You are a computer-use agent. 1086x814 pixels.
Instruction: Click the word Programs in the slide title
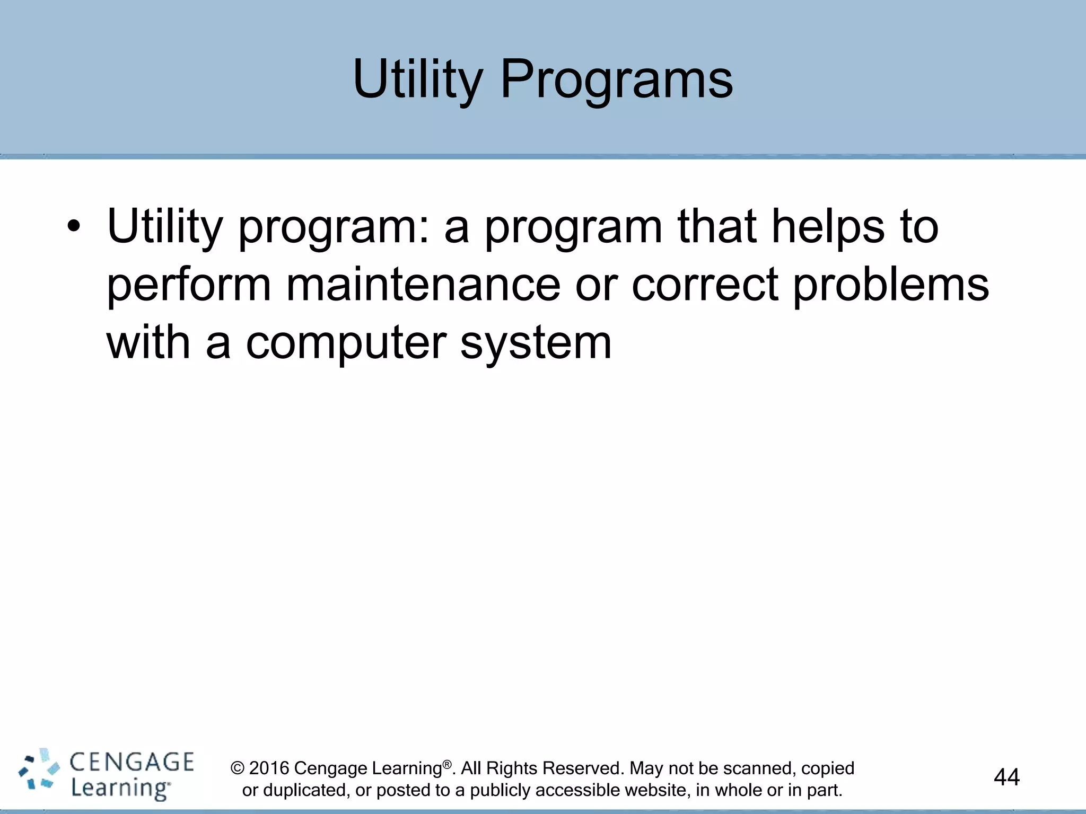click(x=617, y=79)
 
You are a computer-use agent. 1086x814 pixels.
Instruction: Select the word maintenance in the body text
click(x=423, y=285)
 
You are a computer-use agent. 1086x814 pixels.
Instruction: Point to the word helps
click(x=828, y=227)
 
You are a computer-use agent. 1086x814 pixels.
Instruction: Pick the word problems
click(x=891, y=285)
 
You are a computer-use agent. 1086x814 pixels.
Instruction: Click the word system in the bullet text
click(x=536, y=343)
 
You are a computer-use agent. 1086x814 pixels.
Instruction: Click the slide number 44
click(x=1006, y=777)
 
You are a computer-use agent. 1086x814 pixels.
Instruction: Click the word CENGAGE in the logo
click(x=132, y=762)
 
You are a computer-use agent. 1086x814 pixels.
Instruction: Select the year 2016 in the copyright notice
click(x=269, y=768)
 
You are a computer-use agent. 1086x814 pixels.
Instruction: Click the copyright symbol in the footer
click(x=238, y=768)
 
